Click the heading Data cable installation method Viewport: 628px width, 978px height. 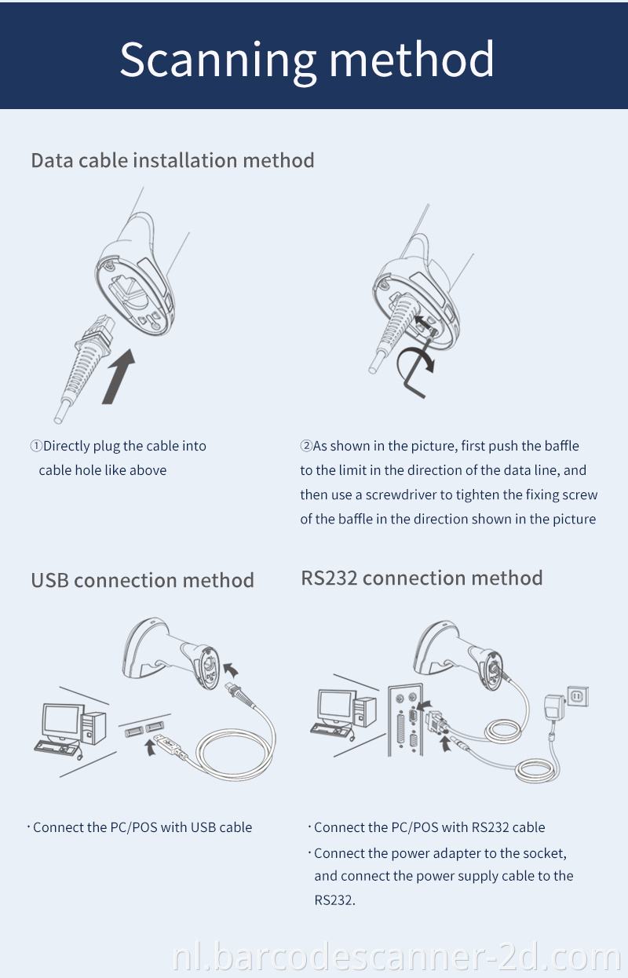(173, 160)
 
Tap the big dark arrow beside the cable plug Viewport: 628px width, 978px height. (119, 378)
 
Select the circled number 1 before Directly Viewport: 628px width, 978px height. (36, 446)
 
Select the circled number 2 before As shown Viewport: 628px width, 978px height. (306, 446)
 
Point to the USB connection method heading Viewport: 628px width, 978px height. (142, 580)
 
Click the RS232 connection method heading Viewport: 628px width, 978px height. (422, 578)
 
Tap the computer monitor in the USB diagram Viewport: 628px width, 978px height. (62, 721)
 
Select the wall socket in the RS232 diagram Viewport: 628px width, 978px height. (579, 695)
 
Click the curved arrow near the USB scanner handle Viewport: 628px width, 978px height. (232, 670)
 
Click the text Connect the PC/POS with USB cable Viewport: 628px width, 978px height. (142, 827)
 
